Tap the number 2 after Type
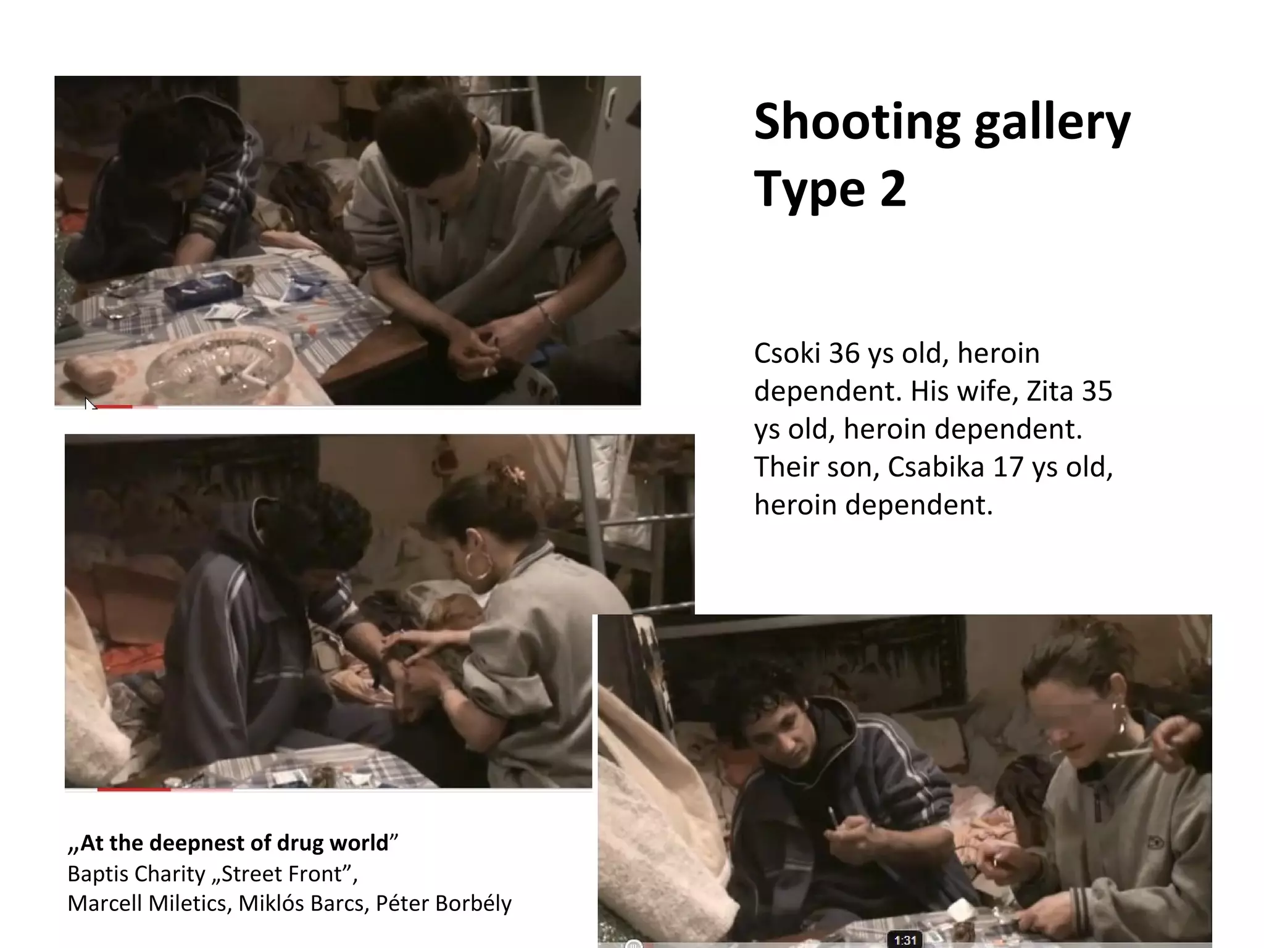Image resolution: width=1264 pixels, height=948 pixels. pos(892,189)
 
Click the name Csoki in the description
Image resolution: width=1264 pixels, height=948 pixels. pos(787,354)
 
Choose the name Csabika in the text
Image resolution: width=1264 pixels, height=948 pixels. pos(936,467)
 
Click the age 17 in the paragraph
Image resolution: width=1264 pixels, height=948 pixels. pos(1008,467)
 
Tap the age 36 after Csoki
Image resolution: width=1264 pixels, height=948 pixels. pos(844,354)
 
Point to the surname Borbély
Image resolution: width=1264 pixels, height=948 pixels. pos(474,904)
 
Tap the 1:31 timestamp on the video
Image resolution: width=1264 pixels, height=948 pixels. pos(905,940)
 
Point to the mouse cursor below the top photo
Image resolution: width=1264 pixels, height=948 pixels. pos(90,404)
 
